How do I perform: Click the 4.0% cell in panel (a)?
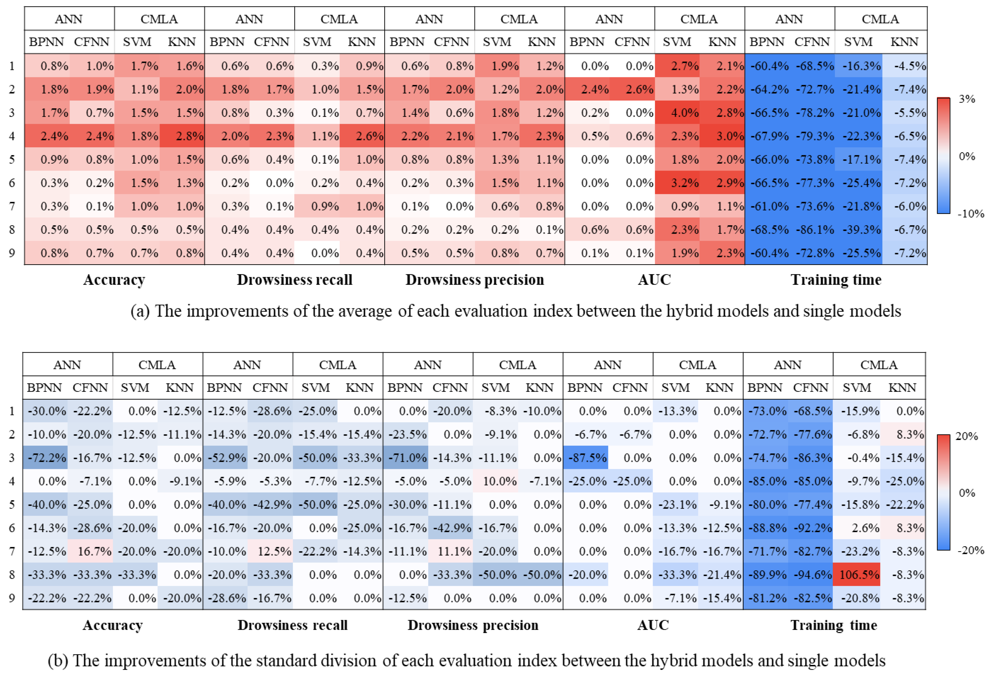click(x=677, y=113)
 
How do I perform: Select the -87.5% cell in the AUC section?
click(x=586, y=458)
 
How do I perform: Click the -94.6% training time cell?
click(x=812, y=575)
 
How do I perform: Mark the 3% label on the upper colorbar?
click(x=967, y=99)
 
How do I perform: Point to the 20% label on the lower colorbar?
click(x=967, y=436)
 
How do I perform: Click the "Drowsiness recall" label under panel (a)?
click(x=295, y=280)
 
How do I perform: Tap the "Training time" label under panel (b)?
click(x=834, y=625)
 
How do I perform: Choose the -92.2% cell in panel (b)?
click(x=812, y=528)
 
